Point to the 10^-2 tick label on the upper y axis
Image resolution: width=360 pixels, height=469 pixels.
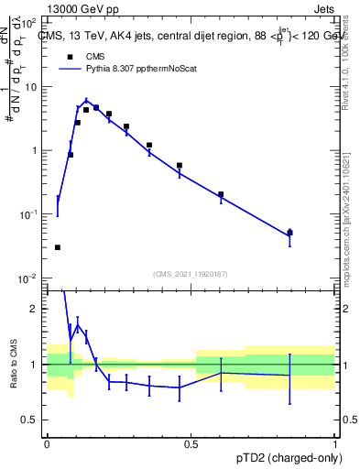(x=30, y=278)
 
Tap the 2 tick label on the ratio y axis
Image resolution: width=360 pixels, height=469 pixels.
(x=36, y=309)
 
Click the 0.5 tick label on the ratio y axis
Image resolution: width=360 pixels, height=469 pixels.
(x=31, y=420)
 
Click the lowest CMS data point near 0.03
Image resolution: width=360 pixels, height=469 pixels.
(x=58, y=247)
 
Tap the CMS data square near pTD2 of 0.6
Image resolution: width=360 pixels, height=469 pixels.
(x=221, y=194)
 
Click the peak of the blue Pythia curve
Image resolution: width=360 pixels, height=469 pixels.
(x=86, y=101)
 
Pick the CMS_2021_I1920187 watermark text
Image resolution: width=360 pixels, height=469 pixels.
(x=191, y=273)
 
